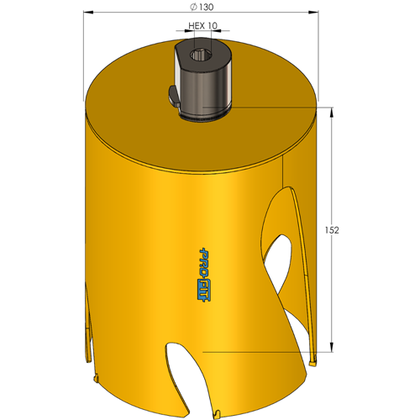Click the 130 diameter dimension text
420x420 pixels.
[207, 7]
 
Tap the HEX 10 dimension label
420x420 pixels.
[202, 26]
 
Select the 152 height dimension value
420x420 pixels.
[332, 230]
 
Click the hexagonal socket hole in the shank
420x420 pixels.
[199, 55]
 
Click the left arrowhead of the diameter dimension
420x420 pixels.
[88, 12]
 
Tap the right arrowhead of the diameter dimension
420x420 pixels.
[313, 12]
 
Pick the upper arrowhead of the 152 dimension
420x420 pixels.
[332, 113]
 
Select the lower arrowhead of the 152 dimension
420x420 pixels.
[332, 347]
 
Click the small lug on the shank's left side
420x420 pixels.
[174, 96]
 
